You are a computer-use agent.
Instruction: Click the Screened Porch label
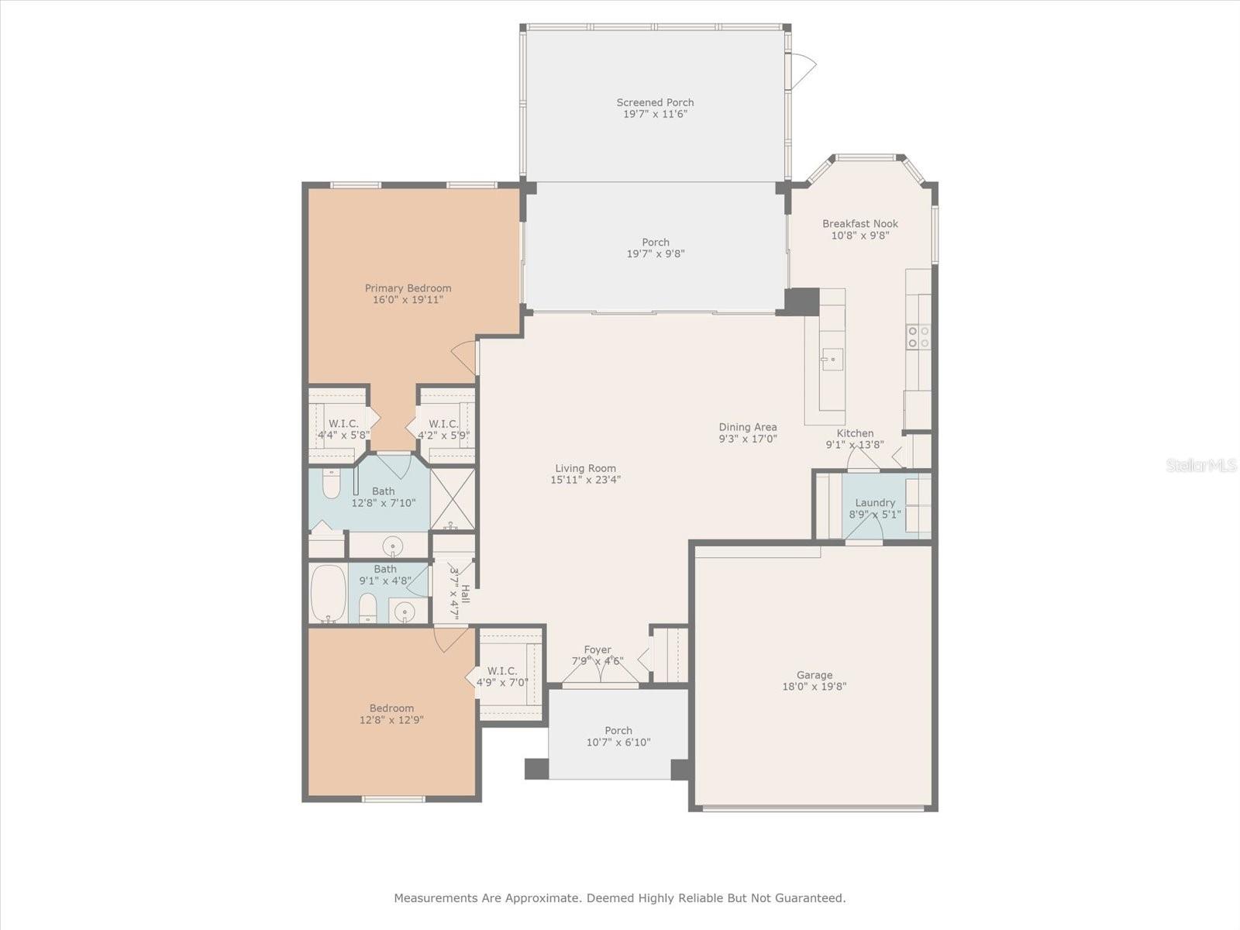(655, 102)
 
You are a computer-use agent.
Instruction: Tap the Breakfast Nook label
(859, 224)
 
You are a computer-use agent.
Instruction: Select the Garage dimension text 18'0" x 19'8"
(814, 687)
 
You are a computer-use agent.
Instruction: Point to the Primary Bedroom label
(408, 288)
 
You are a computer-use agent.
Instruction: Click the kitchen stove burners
(918, 336)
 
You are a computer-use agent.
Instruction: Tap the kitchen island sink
(832, 359)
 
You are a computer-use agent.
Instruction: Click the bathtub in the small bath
(329, 594)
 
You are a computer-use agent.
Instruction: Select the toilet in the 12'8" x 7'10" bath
(331, 484)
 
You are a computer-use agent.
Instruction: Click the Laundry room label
(874, 502)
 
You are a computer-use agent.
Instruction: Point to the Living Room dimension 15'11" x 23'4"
(585, 480)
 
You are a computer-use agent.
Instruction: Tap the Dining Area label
(747, 427)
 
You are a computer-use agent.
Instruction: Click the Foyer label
(597, 649)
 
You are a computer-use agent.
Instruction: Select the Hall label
(465, 594)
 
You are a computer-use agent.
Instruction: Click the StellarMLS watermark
(1200, 465)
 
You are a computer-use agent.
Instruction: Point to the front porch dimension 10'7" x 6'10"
(618, 742)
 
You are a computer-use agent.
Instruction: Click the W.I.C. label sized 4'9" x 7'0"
(501, 671)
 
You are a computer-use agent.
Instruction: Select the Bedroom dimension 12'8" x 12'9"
(391, 720)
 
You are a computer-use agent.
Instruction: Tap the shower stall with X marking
(453, 499)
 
